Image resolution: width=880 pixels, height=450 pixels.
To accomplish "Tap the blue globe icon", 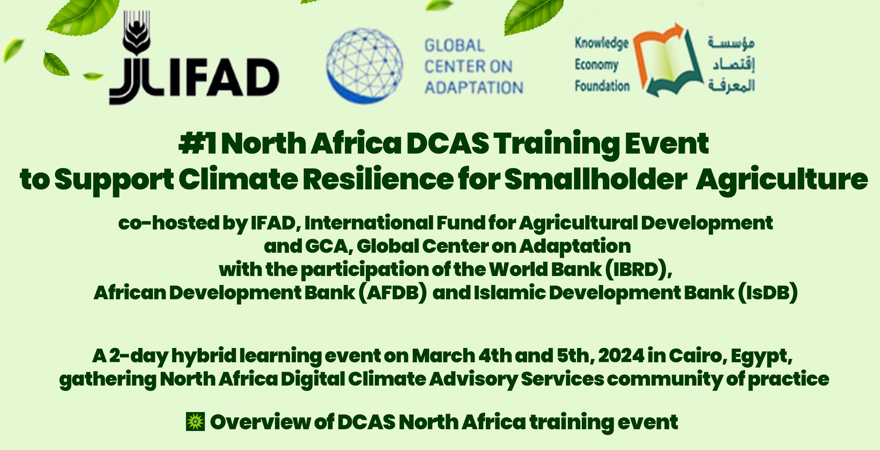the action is click(x=364, y=66).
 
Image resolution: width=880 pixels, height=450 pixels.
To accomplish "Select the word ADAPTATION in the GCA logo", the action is click(x=474, y=88).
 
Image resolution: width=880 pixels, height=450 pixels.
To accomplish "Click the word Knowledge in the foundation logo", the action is click(x=601, y=43).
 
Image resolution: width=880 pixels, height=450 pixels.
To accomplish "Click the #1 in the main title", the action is click(x=198, y=144).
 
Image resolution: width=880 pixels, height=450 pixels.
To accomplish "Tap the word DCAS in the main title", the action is click(x=448, y=144).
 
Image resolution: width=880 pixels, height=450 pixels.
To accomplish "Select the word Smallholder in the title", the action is click(x=596, y=179).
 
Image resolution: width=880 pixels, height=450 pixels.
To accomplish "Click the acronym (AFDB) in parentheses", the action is click(x=393, y=293).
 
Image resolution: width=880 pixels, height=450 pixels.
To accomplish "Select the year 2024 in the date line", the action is click(x=621, y=355).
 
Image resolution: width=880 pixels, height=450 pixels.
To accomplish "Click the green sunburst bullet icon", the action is click(x=195, y=421).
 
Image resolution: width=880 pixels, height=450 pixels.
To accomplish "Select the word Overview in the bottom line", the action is click(x=260, y=422).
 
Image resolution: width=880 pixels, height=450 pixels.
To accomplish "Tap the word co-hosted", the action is click(x=169, y=223).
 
